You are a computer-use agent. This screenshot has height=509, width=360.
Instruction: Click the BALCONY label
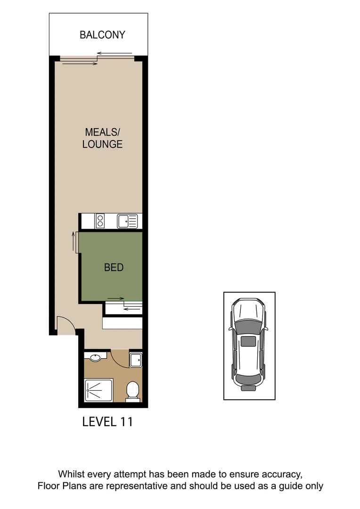coord(102,35)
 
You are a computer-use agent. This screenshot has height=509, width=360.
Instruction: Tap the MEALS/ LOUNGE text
coord(102,138)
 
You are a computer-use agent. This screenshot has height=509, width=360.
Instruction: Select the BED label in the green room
coord(114,268)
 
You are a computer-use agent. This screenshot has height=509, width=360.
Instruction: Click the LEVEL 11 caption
coord(107,421)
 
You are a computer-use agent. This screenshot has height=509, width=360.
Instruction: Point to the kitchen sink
coord(127,221)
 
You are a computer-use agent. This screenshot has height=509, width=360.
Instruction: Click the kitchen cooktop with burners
coord(100,221)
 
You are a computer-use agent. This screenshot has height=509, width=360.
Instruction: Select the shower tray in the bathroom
coord(98,391)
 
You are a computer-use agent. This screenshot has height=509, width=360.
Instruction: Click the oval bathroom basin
coord(96,358)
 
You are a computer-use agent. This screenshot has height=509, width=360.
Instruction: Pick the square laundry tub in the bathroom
coord(136,360)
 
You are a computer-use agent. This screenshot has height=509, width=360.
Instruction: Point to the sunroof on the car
coord(248,342)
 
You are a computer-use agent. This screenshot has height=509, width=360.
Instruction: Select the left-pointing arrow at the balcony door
coord(115,54)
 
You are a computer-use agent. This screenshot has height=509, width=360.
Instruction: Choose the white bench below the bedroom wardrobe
coord(123,323)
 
